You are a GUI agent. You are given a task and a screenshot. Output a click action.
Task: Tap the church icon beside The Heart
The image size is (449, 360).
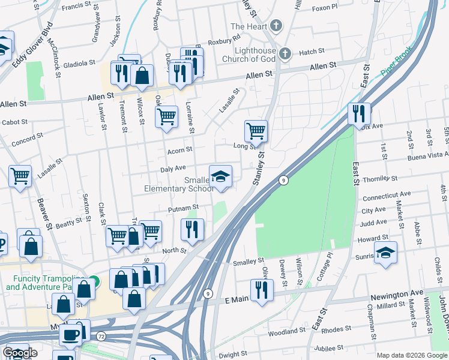276,26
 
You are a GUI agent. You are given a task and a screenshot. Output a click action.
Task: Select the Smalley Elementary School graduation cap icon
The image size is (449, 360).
220,176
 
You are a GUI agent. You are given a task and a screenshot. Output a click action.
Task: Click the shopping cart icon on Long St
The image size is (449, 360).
256,131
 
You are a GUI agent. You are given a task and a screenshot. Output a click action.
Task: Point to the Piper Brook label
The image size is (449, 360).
396,62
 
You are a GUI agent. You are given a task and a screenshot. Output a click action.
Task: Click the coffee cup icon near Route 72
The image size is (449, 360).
70,335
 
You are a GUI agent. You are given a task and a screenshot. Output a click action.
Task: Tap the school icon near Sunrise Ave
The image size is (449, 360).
385,253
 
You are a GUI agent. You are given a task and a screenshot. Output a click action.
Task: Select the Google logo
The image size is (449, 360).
20,353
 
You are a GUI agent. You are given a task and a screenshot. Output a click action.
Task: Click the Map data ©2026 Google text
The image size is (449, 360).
411,355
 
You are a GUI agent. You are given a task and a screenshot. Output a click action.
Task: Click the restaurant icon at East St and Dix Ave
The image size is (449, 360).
358,113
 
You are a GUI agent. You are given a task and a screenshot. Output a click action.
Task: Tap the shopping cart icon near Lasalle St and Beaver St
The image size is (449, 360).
20,177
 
